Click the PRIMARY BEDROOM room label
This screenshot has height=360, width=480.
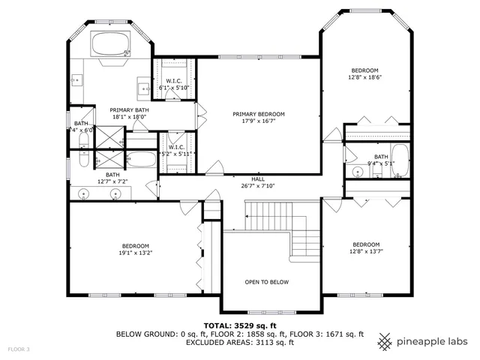(258, 114)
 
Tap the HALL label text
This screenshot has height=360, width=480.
(258, 178)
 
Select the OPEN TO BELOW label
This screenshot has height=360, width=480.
(266, 282)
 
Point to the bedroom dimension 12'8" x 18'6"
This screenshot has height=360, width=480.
(365, 76)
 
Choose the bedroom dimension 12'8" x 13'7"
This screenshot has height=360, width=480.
(365, 251)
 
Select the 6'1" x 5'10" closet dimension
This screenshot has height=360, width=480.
(175, 88)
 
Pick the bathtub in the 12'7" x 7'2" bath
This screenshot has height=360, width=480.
(140, 160)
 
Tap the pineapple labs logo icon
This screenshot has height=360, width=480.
(385, 341)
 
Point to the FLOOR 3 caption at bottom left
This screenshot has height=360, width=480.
(19, 349)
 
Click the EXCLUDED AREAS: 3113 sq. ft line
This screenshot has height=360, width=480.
(239, 342)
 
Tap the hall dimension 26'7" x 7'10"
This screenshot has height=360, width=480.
(258, 186)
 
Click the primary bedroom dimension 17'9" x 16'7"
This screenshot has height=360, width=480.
(258, 121)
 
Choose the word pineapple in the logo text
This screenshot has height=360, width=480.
(421, 341)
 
